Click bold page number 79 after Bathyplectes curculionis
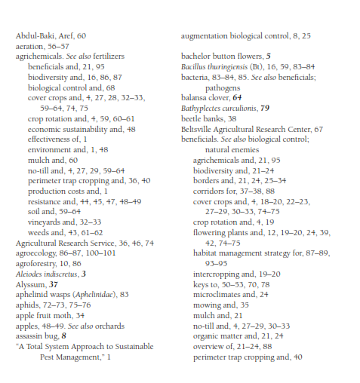[x=264, y=108]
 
